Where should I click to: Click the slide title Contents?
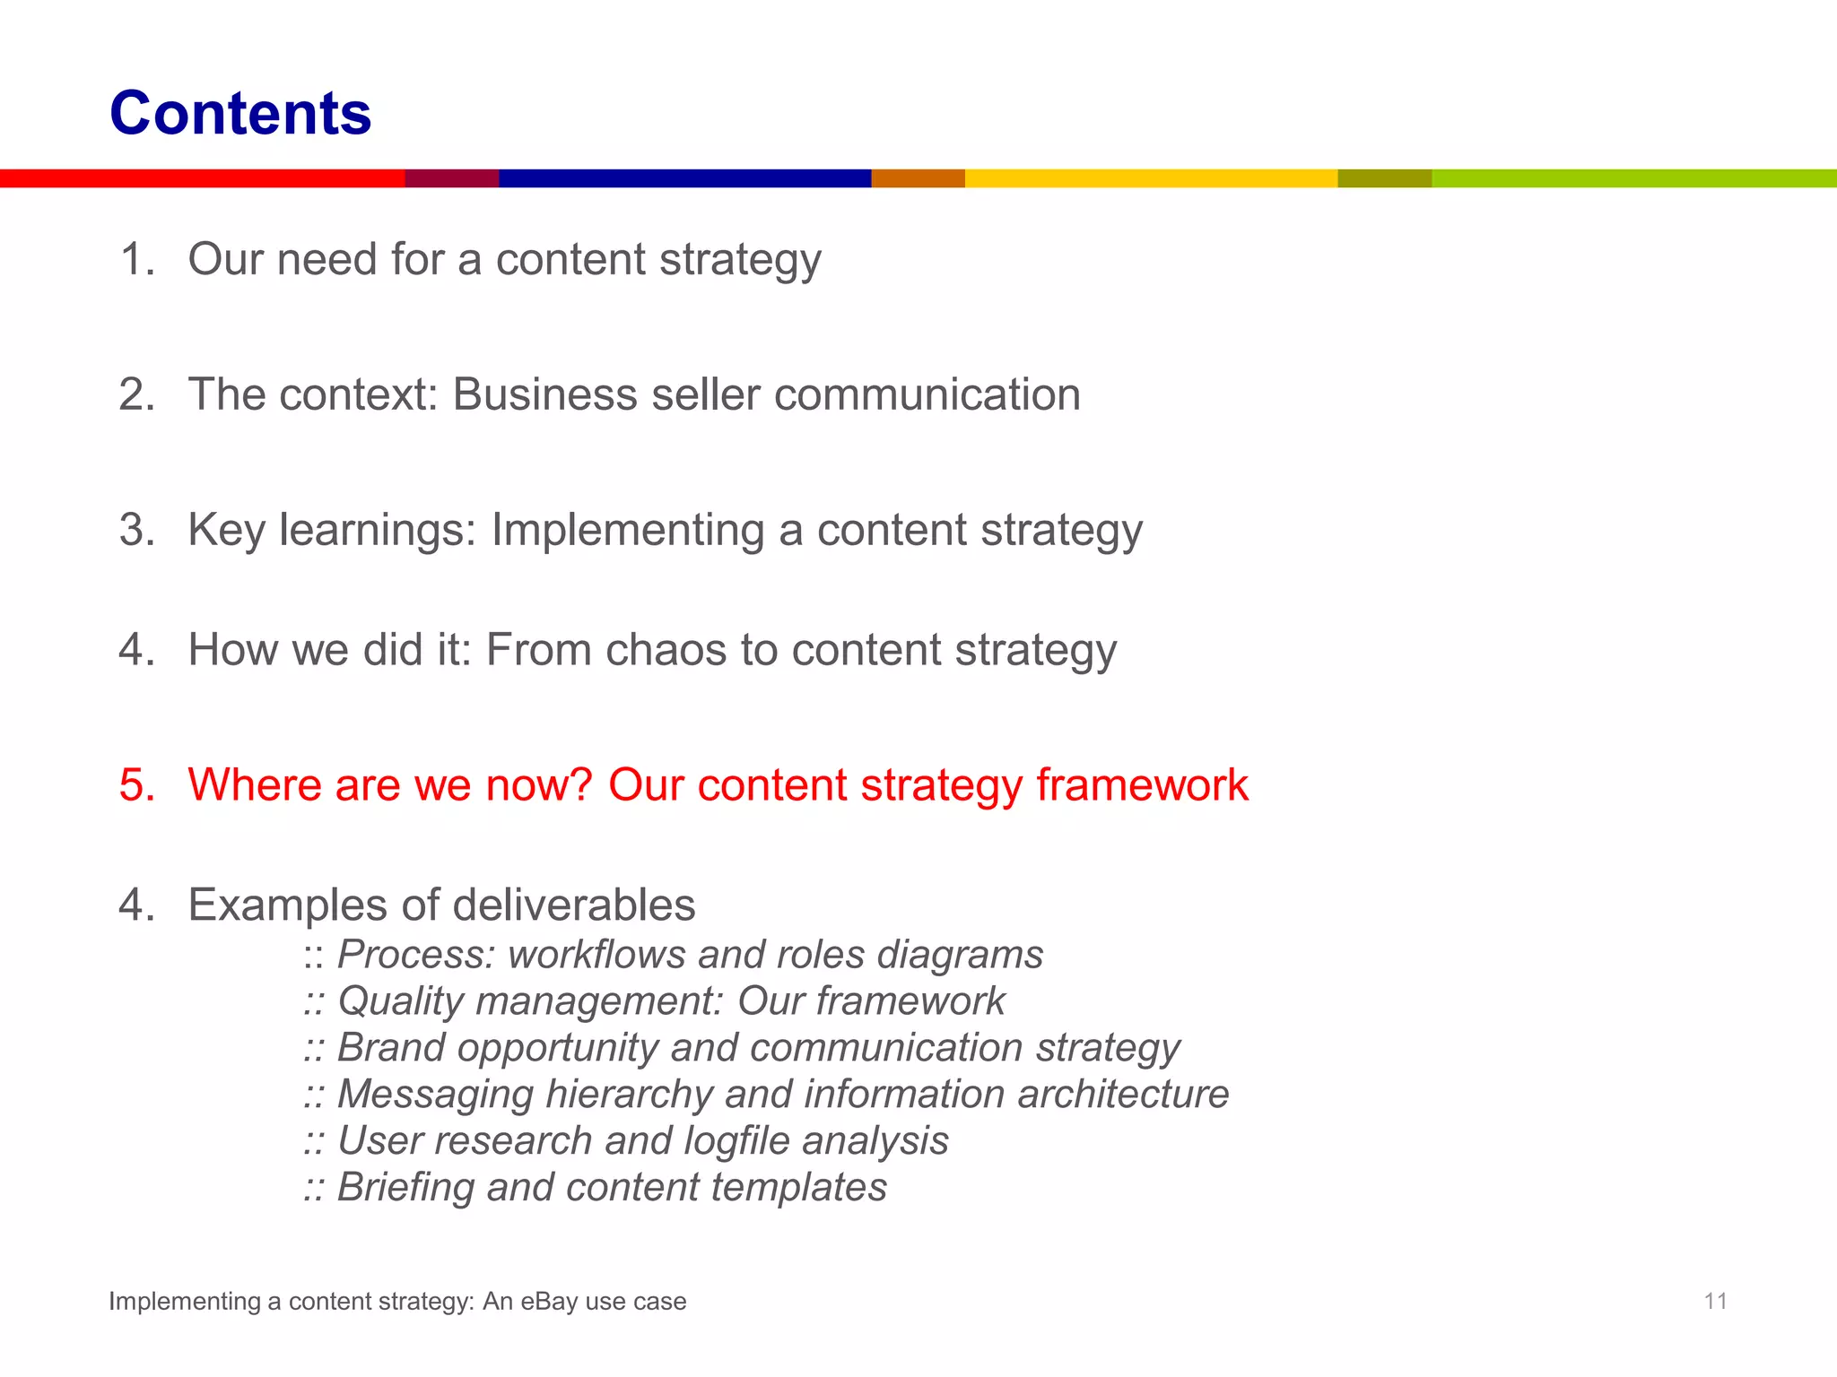[240, 114]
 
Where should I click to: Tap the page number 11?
[1715, 1301]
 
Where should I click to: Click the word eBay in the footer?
[549, 1302]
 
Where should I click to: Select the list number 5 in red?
[136, 785]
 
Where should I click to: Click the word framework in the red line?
[1142, 785]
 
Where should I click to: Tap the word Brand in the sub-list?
[390, 1048]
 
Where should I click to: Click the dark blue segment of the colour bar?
[684, 178]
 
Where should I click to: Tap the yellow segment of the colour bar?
[1150, 178]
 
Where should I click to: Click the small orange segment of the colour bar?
[918, 178]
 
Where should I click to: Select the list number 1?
[136, 260]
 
